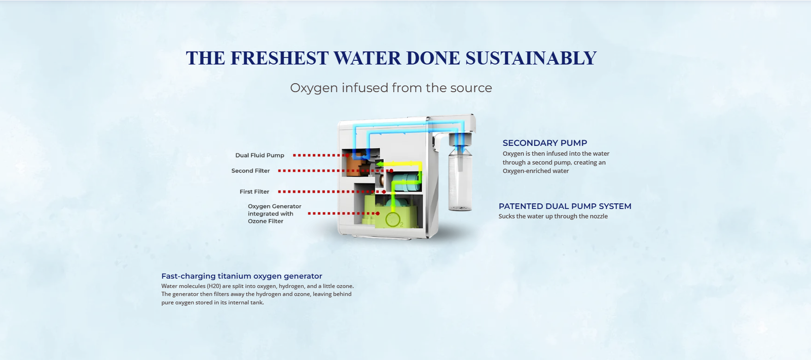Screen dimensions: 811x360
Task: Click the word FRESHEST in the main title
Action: point(279,58)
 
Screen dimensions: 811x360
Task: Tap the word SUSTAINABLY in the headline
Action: point(531,58)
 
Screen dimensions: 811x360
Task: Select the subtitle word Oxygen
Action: point(314,88)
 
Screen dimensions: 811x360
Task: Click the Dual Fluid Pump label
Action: point(260,155)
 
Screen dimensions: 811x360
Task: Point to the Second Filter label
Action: point(250,170)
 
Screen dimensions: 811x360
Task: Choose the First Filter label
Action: point(254,192)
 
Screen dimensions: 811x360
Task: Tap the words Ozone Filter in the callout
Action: point(266,221)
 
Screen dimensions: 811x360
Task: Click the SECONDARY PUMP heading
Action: point(544,143)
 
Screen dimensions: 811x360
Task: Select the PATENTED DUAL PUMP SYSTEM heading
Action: point(565,206)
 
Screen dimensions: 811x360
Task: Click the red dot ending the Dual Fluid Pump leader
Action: point(348,155)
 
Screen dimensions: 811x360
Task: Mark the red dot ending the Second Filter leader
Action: point(391,170)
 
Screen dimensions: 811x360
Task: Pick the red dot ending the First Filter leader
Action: point(384,192)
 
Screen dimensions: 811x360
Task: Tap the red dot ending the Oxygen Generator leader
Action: point(378,213)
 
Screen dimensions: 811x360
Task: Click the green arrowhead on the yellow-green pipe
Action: point(379,164)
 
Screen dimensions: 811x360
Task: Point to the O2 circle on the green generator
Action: point(393,220)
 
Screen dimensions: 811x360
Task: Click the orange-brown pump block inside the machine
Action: point(356,164)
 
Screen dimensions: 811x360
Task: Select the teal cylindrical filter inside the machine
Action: point(407,182)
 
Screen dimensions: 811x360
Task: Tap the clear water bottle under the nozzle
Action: point(460,177)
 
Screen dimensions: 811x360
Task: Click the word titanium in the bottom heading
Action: point(234,276)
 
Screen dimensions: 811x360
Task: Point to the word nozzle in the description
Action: point(598,216)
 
